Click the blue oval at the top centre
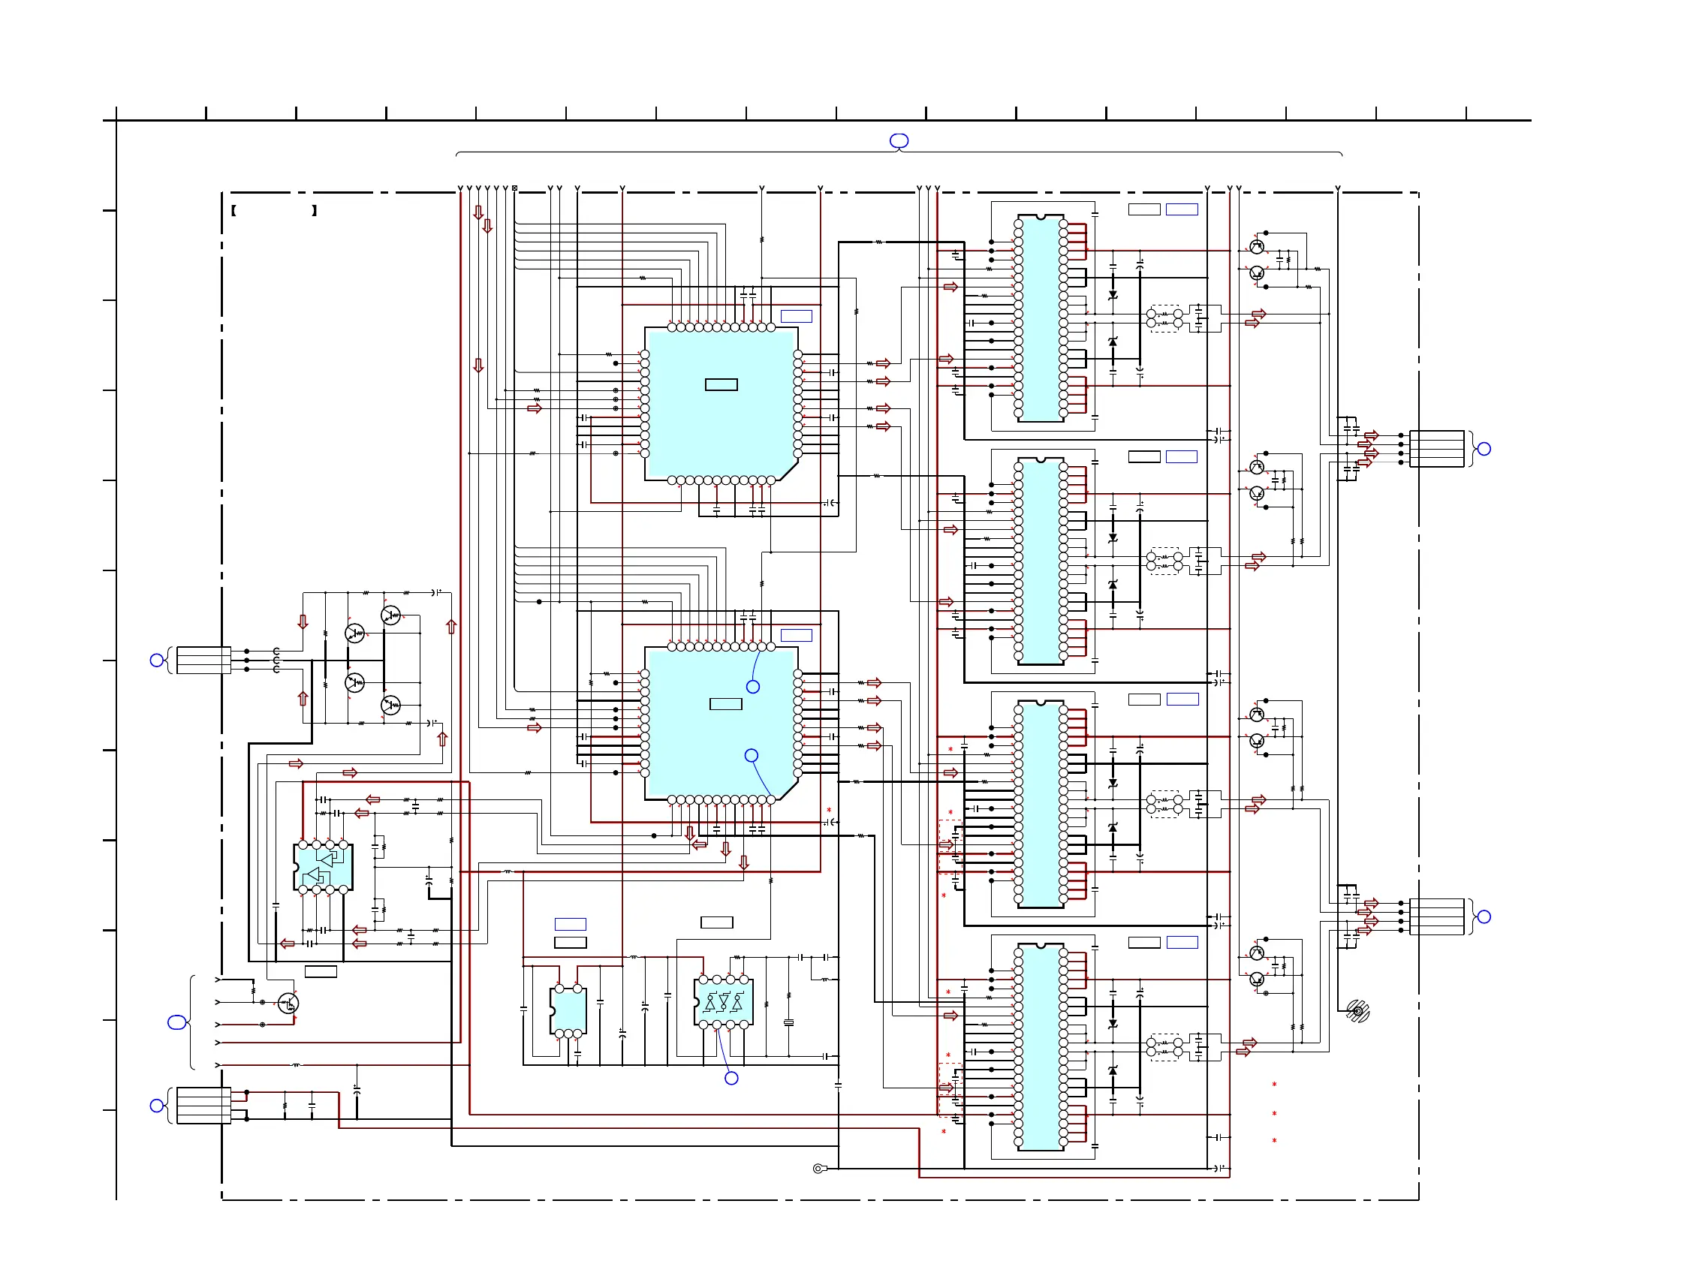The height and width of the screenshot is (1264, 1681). point(899,140)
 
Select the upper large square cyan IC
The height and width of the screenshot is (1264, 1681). point(721,402)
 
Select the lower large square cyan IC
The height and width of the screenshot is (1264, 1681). point(721,722)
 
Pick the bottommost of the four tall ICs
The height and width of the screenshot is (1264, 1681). point(1041,1047)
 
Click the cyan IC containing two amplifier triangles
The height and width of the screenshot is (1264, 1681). point(323,867)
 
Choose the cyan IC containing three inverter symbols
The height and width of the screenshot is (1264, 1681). point(724,1002)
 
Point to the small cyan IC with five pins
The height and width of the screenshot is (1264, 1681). point(568,1011)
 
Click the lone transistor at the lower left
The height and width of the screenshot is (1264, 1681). point(288,1004)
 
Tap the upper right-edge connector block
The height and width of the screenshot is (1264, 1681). point(1436,449)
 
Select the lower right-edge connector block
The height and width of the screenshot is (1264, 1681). point(1436,917)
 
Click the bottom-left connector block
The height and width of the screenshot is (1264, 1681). point(203,1105)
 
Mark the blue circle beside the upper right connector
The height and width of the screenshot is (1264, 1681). point(1484,449)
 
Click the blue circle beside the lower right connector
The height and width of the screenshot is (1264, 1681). point(1484,917)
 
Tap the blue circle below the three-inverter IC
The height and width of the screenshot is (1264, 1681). point(731,1078)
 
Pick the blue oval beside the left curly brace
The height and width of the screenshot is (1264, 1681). point(176,1023)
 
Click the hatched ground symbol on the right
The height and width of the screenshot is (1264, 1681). point(1358,1011)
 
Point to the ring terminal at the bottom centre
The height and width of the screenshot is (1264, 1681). point(818,1168)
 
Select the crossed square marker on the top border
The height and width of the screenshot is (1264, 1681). point(514,188)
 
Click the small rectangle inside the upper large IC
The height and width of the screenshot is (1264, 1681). point(722,384)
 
